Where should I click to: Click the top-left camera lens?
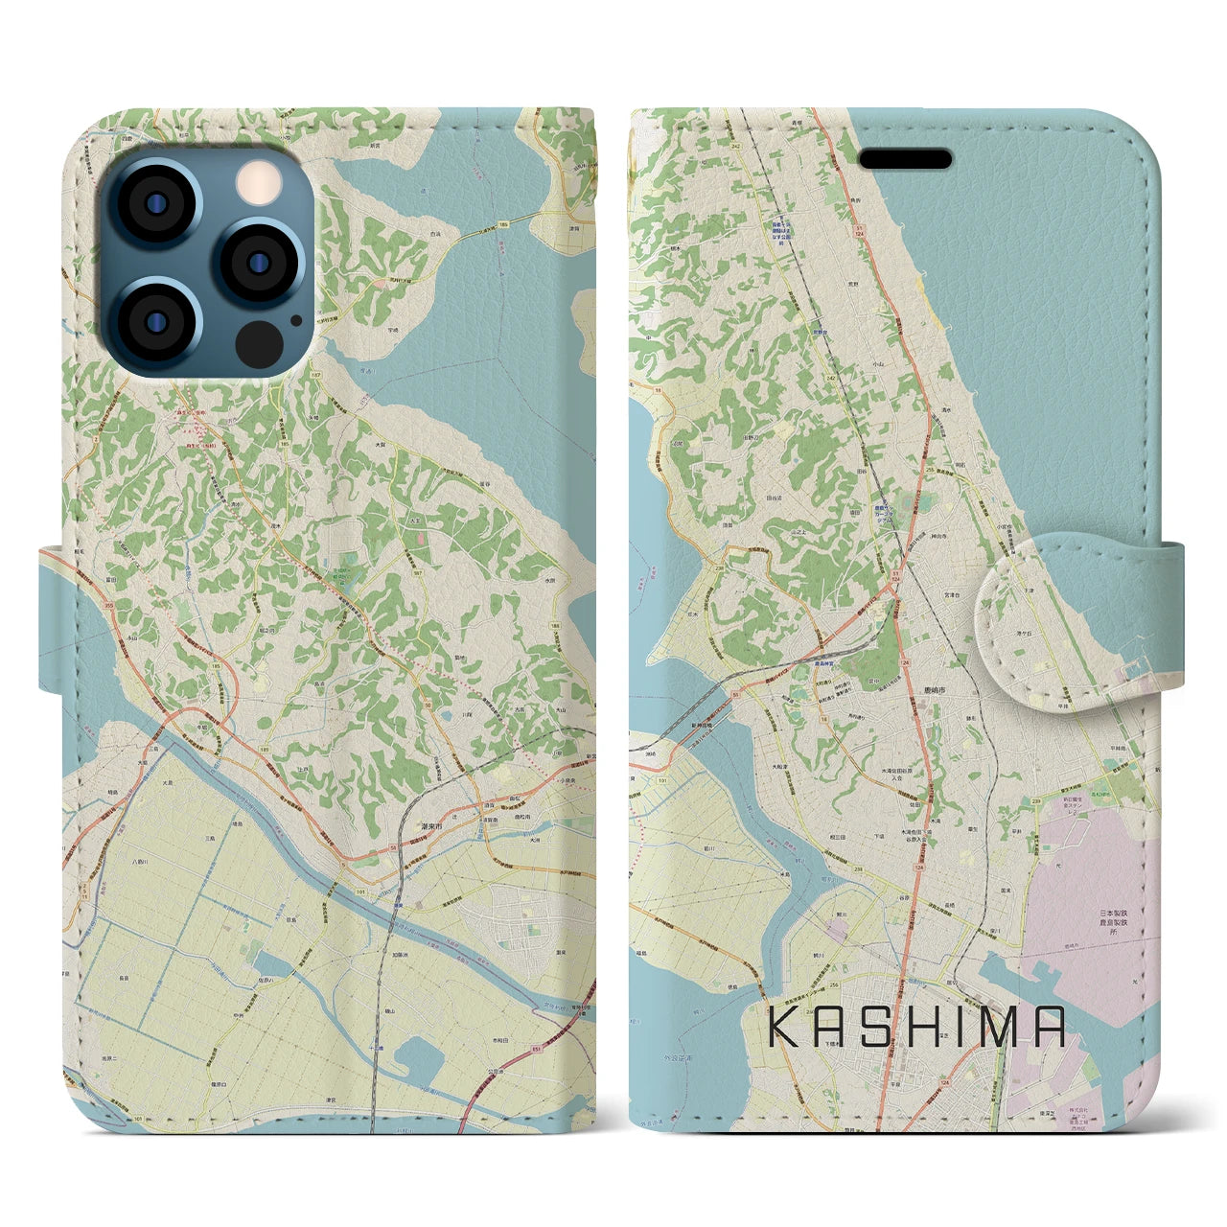(154, 204)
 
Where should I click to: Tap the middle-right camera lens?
(258, 262)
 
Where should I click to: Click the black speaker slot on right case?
(905, 158)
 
